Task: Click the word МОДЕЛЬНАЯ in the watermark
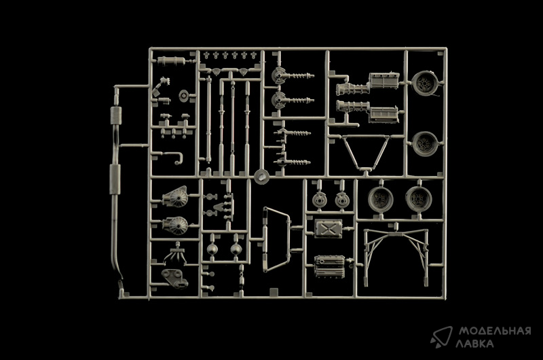tap(495, 331)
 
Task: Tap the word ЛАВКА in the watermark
tap(474, 344)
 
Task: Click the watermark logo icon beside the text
tap(442, 336)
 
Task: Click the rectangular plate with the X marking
tap(328, 228)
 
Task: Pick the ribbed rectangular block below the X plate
tap(329, 266)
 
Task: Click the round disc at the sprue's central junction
tap(262, 177)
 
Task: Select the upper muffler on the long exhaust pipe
tap(116, 115)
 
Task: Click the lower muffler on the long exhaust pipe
tap(115, 179)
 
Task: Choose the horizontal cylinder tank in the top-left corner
tap(171, 61)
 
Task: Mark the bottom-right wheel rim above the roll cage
tap(419, 200)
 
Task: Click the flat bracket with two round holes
tap(174, 278)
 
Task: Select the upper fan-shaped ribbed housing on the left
tap(176, 197)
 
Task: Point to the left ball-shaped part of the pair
tap(212, 249)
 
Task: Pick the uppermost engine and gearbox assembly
tap(367, 84)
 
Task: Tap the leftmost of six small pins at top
tap(207, 55)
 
